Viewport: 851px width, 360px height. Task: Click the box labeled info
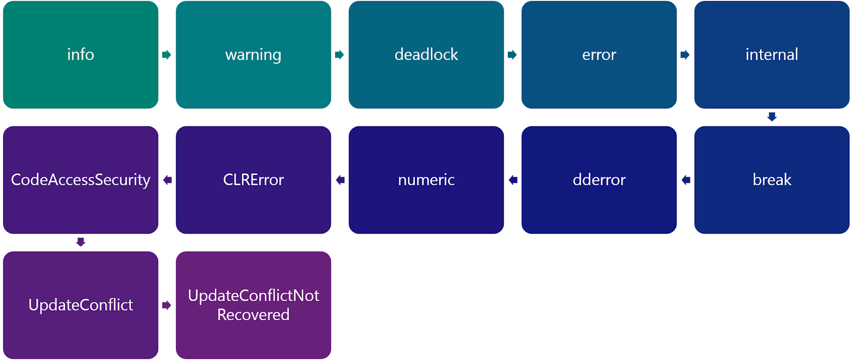pyautogui.click(x=80, y=55)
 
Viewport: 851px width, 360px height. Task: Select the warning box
pyautogui.click(x=253, y=55)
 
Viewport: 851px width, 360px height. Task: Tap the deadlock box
pyautogui.click(x=426, y=55)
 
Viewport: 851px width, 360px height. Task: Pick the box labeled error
pyautogui.click(x=599, y=55)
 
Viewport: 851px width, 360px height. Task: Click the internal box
pyautogui.click(x=771, y=55)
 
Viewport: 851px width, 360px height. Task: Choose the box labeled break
pyautogui.click(x=771, y=180)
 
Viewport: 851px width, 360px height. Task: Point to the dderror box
pyautogui.click(x=599, y=180)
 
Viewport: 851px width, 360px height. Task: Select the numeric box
pyautogui.click(x=426, y=180)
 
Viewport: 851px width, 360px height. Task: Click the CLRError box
pyautogui.click(x=253, y=180)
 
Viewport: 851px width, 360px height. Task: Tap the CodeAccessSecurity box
pyautogui.click(x=80, y=180)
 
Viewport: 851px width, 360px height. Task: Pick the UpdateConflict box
pyautogui.click(x=80, y=305)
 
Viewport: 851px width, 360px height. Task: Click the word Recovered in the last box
pyautogui.click(x=253, y=315)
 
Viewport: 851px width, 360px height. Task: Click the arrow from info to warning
pyautogui.click(x=166, y=55)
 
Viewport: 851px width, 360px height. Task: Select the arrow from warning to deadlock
pyautogui.click(x=339, y=55)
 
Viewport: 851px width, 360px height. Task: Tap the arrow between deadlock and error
pyautogui.click(x=512, y=55)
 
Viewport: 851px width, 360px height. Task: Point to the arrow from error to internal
pyautogui.click(x=685, y=55)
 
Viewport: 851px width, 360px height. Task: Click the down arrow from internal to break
pyautogui.click(x=772, y=117)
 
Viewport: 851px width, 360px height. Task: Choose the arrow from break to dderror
pyautogui.click(x=686, y=180)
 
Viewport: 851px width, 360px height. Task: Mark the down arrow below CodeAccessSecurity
pyautogui.click(x=81, y=242)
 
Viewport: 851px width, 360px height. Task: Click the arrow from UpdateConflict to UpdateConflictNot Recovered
pyautogui.click(x=166, y=305)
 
